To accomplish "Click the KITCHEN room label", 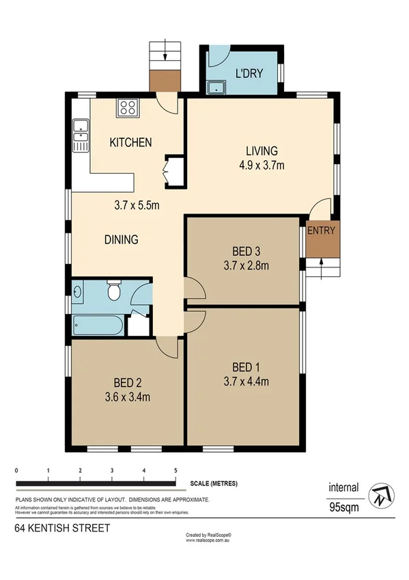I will [130, 143].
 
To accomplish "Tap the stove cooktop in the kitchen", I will [127, 107].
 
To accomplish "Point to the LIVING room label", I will [262, 151].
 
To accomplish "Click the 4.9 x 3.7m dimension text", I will [262, 165].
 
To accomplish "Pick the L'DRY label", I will [249, 73].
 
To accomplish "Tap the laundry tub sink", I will [217, 87].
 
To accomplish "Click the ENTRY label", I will [321, 230].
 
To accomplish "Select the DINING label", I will [122, 240].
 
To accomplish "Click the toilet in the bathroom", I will [115, 292].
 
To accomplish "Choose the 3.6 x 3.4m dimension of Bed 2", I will [128, 396].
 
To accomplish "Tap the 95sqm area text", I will [344, 507].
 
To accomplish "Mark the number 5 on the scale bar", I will [176, 471].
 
